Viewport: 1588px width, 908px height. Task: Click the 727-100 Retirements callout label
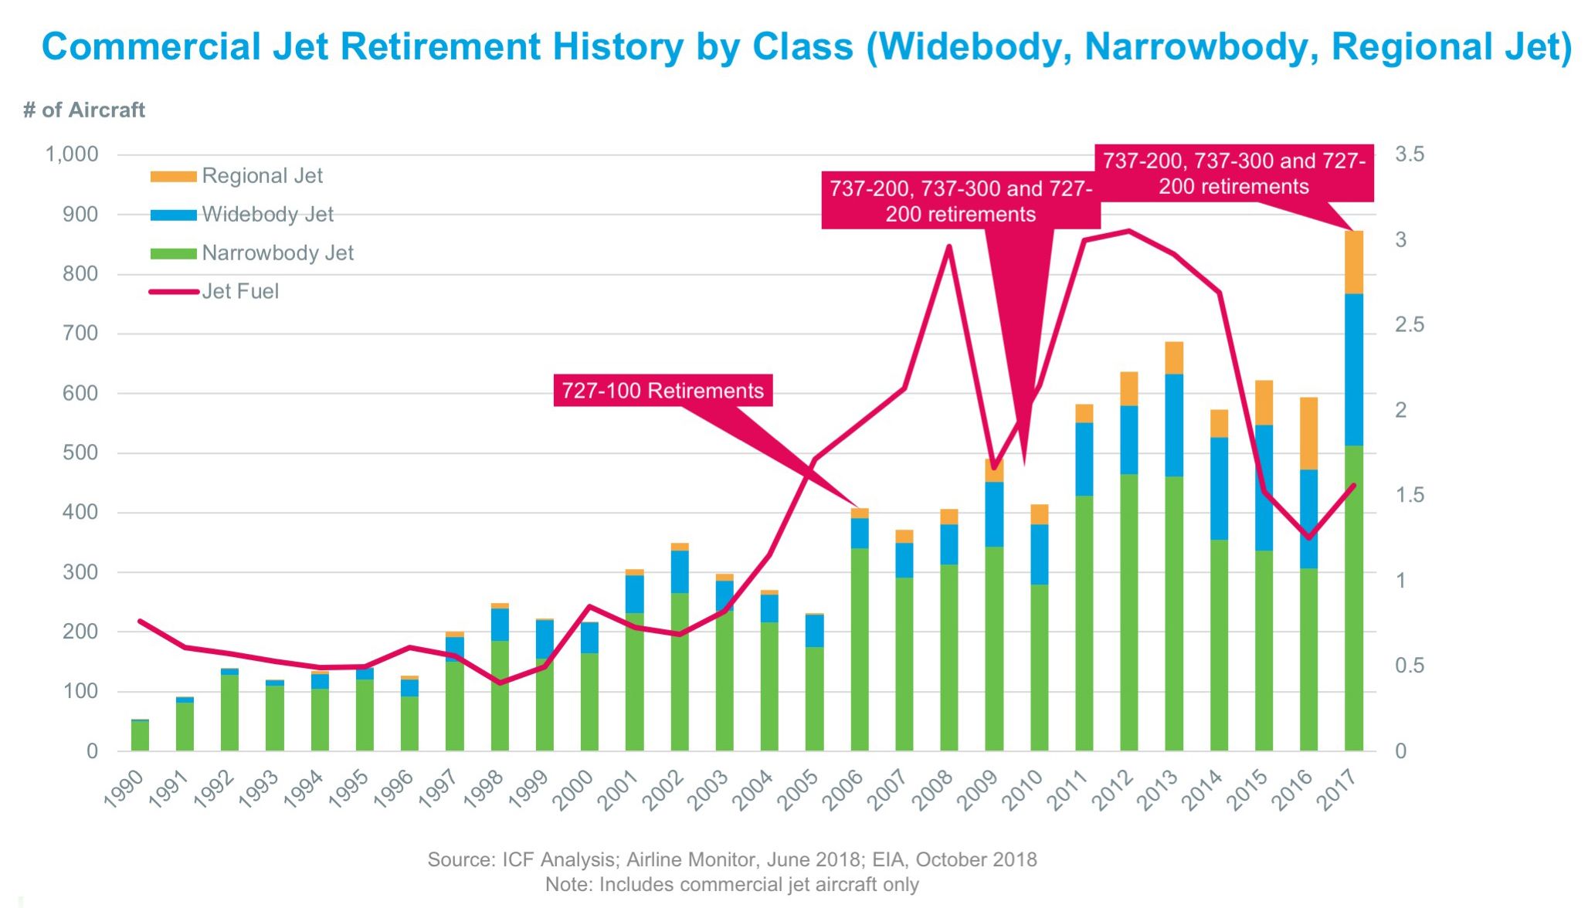[663, 391]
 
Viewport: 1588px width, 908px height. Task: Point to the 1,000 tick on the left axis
[73, 154]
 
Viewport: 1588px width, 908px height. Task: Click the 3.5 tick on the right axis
[1409, 154]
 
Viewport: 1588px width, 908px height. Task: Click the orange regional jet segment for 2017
[1353, 263]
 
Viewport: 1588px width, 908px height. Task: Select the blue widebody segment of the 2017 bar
[1353, 369]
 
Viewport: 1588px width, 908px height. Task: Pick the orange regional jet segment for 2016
[1308, 433]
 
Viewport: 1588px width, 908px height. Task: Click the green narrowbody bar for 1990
[140, 735]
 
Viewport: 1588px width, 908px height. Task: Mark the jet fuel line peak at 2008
[948, 247]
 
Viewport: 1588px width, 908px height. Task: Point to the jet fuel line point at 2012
[1128, 231]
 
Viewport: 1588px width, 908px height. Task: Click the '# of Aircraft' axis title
[84, 110]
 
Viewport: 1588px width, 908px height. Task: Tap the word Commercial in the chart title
[151, 47]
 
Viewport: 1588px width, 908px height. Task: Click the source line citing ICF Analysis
[731, 859]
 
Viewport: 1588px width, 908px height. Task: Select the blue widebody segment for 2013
[1174, 425]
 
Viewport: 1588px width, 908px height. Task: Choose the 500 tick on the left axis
[80, 452]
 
